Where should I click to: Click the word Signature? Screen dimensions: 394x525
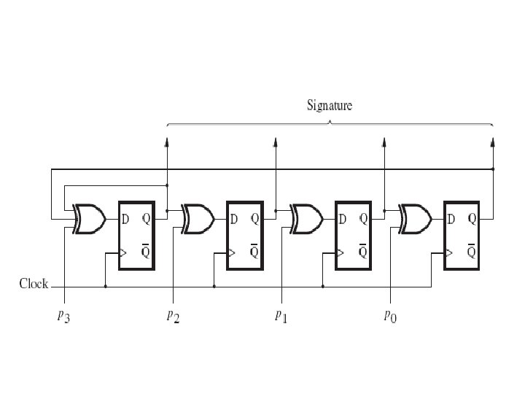328,106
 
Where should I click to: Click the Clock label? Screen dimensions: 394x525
34,283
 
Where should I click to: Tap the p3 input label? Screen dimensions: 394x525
65,317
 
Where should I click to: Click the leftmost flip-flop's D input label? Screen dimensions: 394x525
126,218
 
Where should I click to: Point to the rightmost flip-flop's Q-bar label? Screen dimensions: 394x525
471,251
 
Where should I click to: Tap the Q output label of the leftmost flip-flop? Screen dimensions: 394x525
146,218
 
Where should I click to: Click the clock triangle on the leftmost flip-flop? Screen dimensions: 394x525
122,253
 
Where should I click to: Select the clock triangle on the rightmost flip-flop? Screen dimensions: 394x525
448,253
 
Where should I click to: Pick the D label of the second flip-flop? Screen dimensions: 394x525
235,218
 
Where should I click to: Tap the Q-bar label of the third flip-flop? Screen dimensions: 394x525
362,251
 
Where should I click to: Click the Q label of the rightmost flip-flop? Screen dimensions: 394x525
472,218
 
